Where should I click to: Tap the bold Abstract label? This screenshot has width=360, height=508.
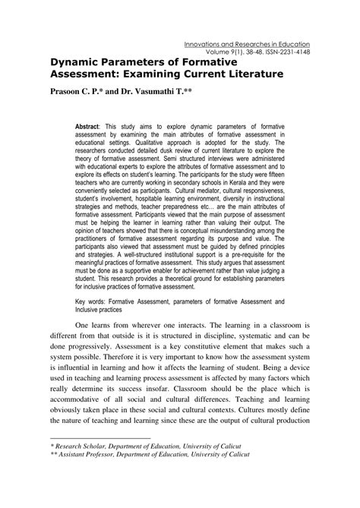[89, 123]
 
